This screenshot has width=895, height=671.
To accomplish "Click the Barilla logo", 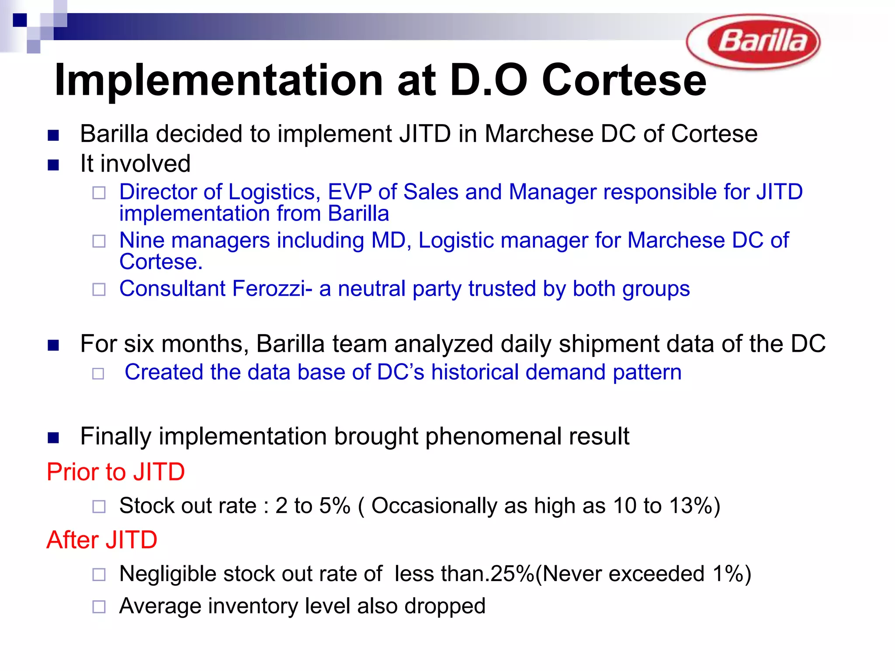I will click(753, 42).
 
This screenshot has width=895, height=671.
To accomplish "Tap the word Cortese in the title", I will click(624, 80).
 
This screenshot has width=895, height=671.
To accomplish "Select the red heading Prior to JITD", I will click(116, 472).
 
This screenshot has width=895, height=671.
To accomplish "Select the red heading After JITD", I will click(102, 540).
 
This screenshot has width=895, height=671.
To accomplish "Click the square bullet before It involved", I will click(53, 165).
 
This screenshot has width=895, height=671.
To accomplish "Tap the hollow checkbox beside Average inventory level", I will click(99, 607).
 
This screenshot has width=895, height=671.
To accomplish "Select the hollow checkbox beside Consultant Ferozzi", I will click(99, 290).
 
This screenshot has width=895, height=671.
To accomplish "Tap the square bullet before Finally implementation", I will click(53, 437).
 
